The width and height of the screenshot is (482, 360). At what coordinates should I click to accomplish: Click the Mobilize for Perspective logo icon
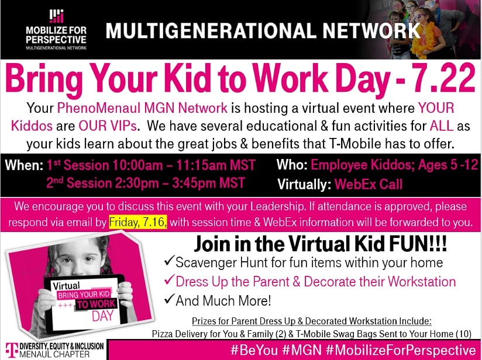[56, 16]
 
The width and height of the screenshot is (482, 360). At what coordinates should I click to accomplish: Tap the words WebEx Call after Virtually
[369, 185]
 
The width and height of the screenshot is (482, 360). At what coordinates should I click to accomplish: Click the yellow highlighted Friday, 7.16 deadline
[138, 223]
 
